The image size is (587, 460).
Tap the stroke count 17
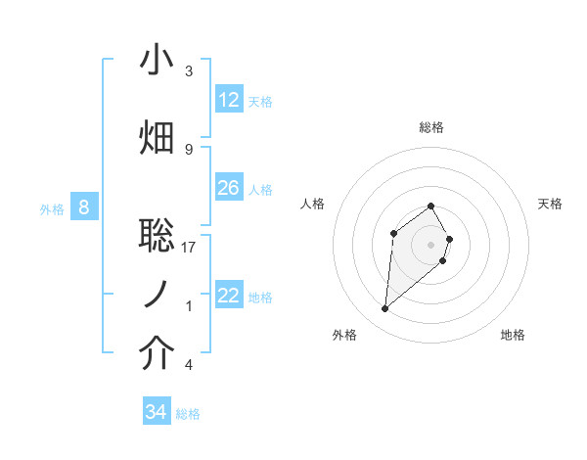click(x=189, y=248)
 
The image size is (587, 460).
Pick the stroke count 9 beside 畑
click(x=189, y=149)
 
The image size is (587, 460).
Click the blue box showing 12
click(x=229, y=100)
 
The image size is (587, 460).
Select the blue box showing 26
click(x=229, y=188)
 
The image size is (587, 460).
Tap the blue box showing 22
click(x=229, y=296)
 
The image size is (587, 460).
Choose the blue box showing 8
click(x=84, y=207)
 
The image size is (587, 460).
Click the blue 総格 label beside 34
click(x=188, y=414)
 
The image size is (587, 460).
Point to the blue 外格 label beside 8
click(x=51, y=208)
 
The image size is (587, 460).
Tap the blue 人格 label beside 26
click(x=260, y=189)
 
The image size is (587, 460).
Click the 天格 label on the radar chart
click(x=550, y=204)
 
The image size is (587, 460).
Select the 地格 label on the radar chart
click(x=513, y=335)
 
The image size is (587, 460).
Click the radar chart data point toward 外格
click(x=385, y=309)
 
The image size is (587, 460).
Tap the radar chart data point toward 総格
click(x=431, y=206)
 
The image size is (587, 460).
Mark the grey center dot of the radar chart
click(x=431, y=244)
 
